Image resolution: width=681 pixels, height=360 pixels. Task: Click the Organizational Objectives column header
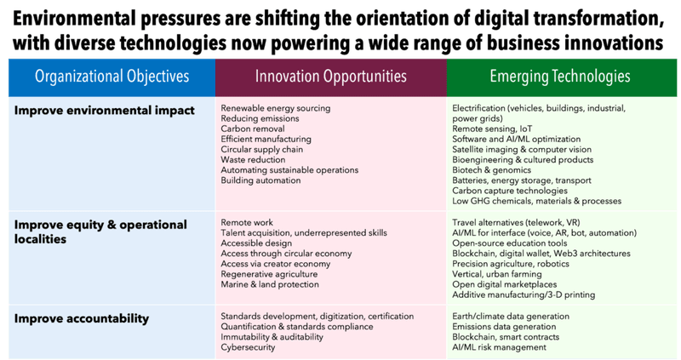pos(112,77)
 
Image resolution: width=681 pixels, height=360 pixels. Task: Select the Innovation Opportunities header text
pos(331,77)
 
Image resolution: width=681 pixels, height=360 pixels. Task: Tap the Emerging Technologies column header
pos(560,77)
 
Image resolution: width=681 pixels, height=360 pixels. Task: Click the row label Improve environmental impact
pos(104,111)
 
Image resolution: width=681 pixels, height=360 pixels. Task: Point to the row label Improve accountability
pos(82,318)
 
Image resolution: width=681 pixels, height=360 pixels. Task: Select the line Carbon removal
pos(253,129)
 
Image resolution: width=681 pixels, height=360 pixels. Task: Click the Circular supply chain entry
pos(262,150)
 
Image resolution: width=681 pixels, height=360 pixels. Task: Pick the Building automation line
pos(260,180)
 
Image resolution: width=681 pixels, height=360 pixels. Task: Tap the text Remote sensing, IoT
pos(492,129)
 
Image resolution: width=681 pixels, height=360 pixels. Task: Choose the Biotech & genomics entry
pos(492,170)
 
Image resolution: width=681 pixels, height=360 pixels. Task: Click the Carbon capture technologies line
pos(510,191)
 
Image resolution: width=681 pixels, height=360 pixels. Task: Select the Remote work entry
pos(247,222)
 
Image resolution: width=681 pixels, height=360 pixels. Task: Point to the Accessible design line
pos(256,243)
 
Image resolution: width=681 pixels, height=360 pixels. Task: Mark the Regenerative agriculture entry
pos(269,274)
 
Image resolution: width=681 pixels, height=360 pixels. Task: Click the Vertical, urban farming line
pos(497,274)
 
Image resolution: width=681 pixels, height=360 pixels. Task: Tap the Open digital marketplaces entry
pos(505,284)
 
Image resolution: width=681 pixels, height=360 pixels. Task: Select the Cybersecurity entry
pos(248,347)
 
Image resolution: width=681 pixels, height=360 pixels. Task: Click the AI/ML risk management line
pos(500,347)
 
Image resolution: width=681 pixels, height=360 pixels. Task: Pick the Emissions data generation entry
pos(504,327)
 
